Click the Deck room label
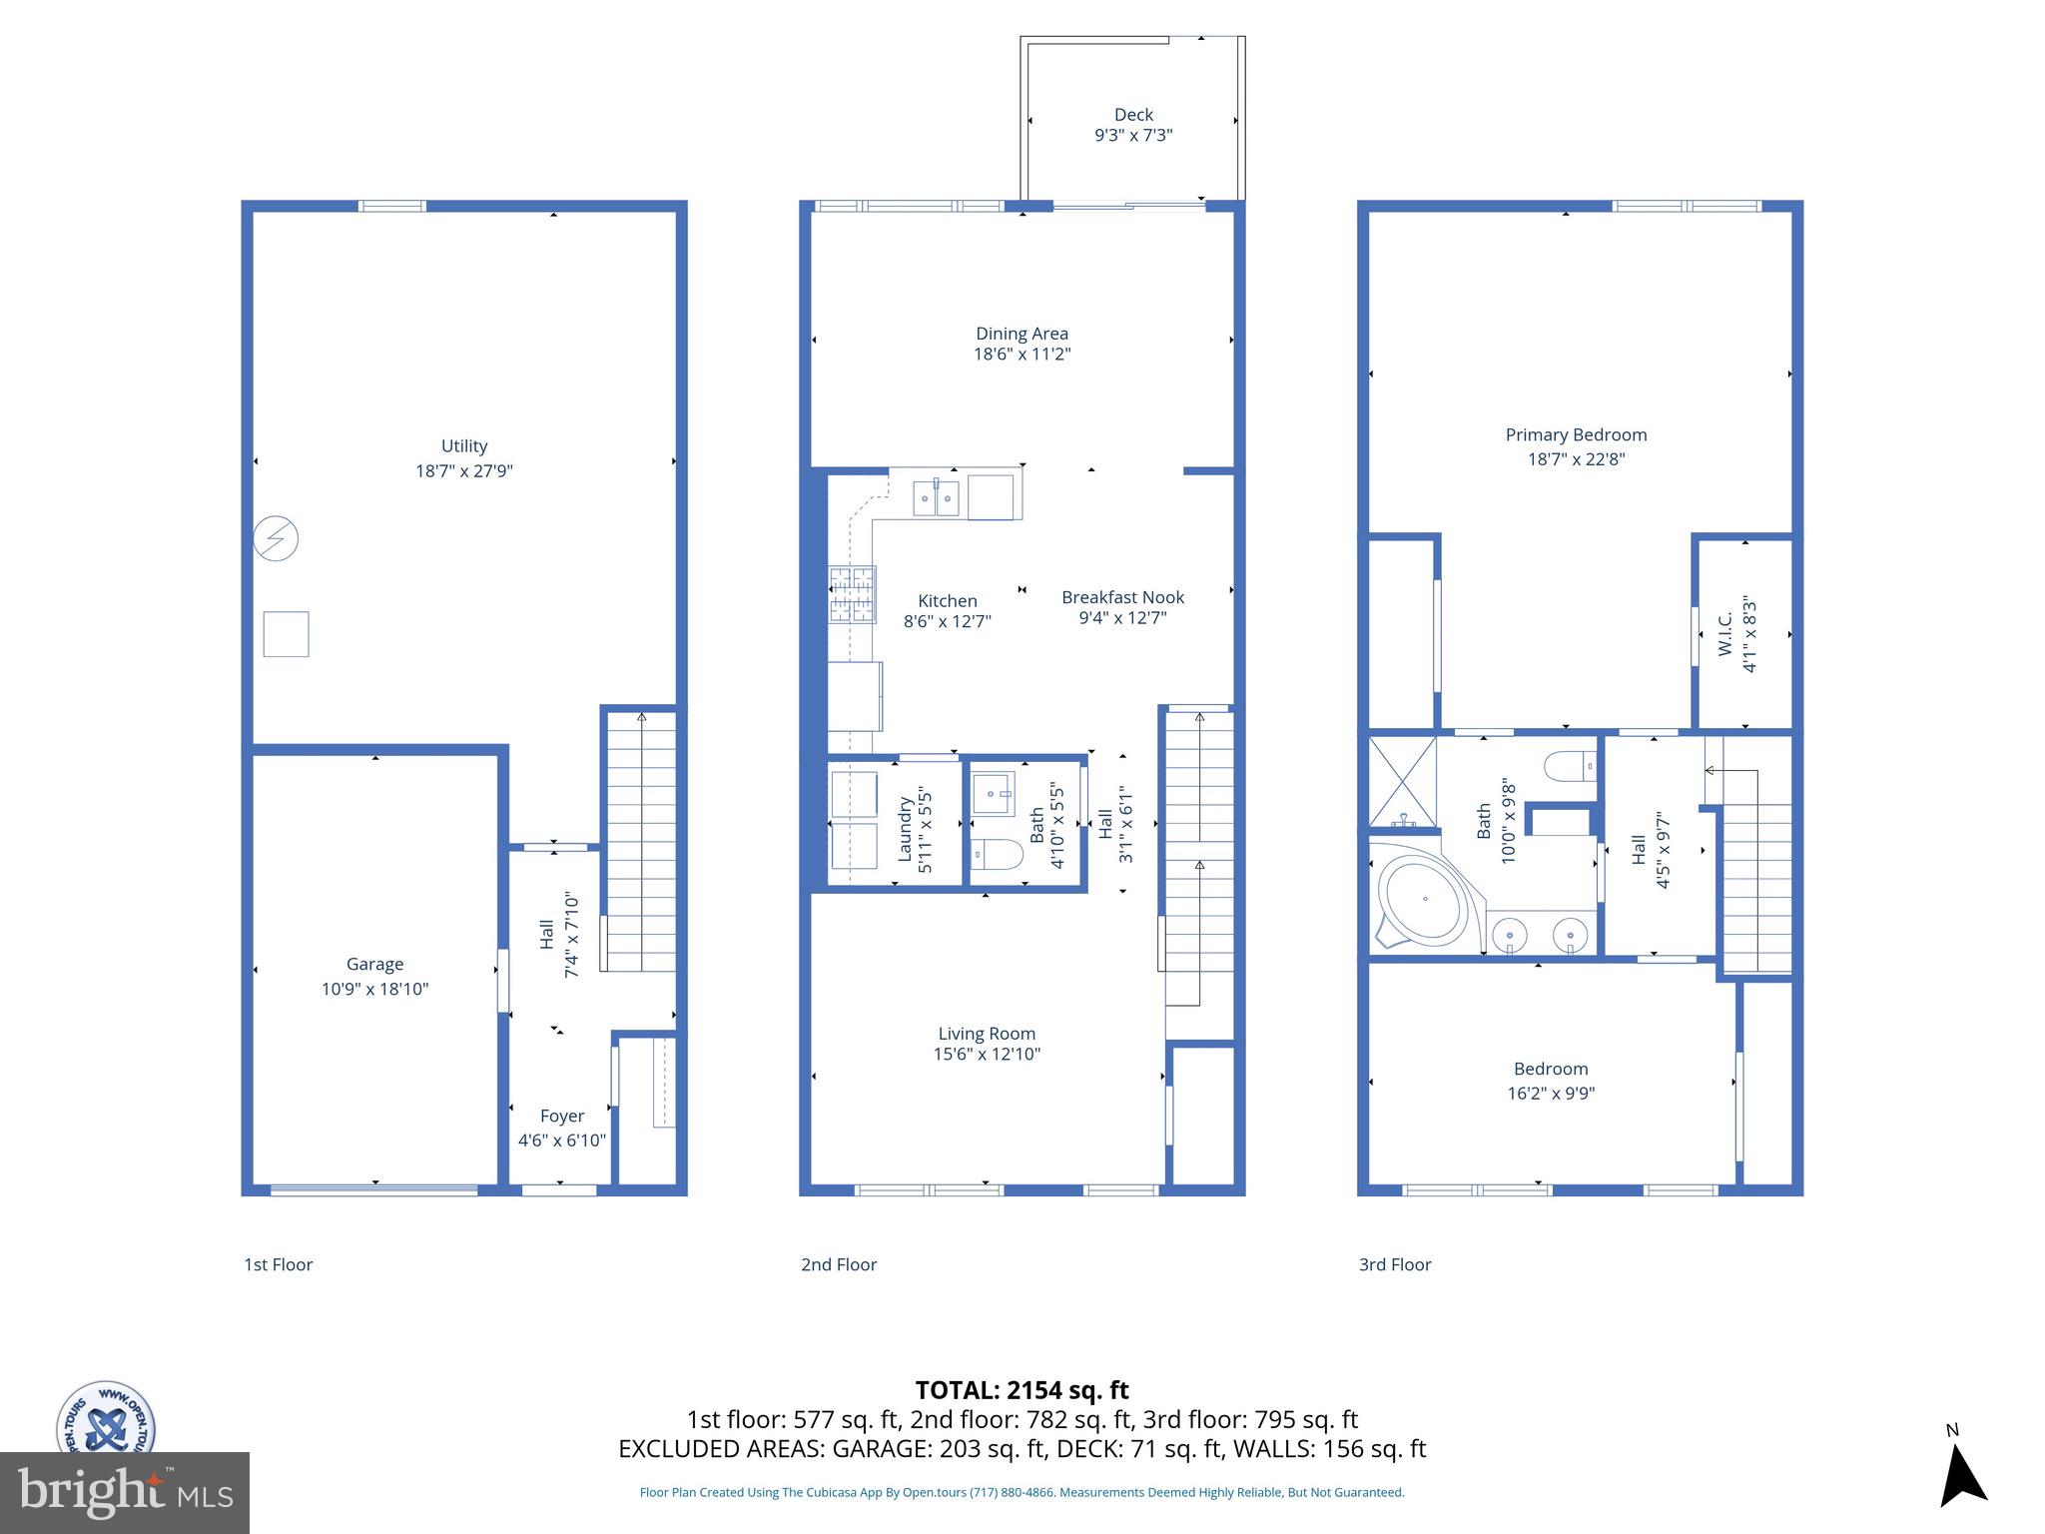point(1133,115)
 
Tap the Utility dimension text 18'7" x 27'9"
point(464,471)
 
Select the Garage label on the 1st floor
point(374,964)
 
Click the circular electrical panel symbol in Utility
point(276,538)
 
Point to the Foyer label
point(561,1116)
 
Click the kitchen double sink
point(936,497)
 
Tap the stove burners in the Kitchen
point(852,594)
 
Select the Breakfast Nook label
point(1122,597)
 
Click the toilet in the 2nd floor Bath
point(998,856)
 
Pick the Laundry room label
point(905,829)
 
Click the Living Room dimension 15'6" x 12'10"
point(987,1055)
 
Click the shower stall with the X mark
point(1402,782)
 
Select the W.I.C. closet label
point(1725,634)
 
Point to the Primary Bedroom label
point(1576,434)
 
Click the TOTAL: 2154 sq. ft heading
point(1022,1390)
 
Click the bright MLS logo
point(124,1492)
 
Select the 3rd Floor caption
point(1394,1264)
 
